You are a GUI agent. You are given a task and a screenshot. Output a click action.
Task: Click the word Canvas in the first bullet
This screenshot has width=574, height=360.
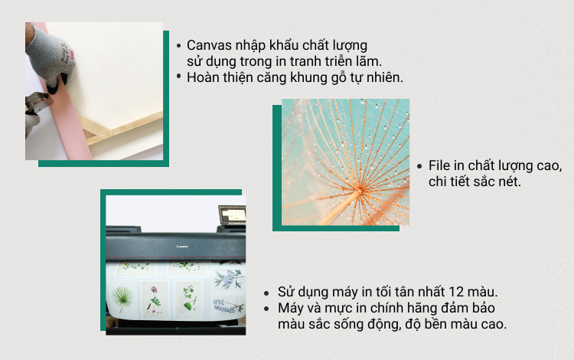pos(208,45)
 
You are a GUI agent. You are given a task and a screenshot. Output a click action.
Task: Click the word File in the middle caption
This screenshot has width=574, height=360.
pos(439,165)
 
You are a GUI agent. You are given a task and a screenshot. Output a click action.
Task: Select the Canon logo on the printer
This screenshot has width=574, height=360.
pos(182,247)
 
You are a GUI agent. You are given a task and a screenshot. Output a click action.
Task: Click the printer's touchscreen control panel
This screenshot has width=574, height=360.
pos(233,214)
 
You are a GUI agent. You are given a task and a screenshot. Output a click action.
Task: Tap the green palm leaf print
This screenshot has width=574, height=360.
pos(122,299)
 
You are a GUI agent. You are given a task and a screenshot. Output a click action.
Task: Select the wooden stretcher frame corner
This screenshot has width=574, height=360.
pos(96,131)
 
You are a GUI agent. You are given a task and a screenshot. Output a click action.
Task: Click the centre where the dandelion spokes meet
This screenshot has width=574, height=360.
pos(359,190)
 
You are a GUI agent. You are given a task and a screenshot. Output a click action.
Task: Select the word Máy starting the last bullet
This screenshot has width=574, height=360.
pos(289,308)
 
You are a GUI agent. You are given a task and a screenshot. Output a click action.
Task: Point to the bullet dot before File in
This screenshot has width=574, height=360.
pos(419,166)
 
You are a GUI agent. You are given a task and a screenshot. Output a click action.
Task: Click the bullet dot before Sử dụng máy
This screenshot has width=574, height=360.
pos(266,293)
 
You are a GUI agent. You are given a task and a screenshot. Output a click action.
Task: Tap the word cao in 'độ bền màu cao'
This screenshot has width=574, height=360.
pos(494,324)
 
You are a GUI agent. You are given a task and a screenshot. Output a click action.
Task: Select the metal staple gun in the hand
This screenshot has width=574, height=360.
pos(38,103)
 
